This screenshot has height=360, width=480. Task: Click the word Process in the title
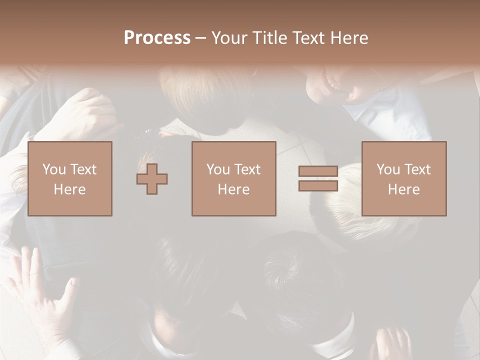[157, 38]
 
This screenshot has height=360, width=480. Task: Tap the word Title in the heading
[269, 38]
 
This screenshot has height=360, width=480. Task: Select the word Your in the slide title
[229, 38]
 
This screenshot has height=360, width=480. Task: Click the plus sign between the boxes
[152, 179]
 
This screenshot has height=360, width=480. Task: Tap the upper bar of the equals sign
[318, 171]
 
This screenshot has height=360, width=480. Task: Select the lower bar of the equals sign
[318, 186]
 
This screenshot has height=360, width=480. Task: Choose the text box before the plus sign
[70, 178]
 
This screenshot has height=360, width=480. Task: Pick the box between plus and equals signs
[233, 178]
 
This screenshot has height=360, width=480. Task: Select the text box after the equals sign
[403, 178]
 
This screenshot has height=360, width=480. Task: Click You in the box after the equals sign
[388, 169]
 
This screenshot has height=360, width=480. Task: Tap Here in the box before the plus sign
[70, 189]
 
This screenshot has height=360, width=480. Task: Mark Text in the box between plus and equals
[248, 169]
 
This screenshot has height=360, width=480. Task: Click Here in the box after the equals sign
[403, 189]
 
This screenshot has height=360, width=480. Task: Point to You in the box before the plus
[54, 169]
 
